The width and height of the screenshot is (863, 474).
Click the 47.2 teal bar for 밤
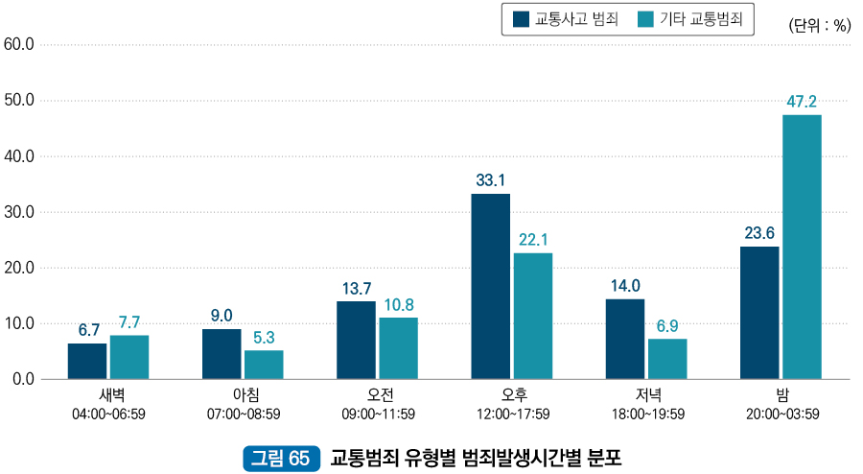(802, 247)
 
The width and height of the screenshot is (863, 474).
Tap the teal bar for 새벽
(129, 357)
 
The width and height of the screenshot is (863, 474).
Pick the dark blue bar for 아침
(222, 354)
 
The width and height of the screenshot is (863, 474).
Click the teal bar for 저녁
(667, 359)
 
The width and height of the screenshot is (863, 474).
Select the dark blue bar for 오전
(356, 340)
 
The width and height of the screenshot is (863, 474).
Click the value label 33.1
(490, 179)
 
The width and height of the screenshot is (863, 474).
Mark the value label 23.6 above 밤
(758, 232)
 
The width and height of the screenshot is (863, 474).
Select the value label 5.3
(264, 337)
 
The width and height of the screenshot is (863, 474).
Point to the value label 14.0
(624, 285)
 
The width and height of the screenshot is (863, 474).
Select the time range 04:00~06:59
(108, 414)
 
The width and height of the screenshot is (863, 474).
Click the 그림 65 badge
(280, 458)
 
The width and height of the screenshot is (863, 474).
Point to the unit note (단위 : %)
(819, 26)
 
